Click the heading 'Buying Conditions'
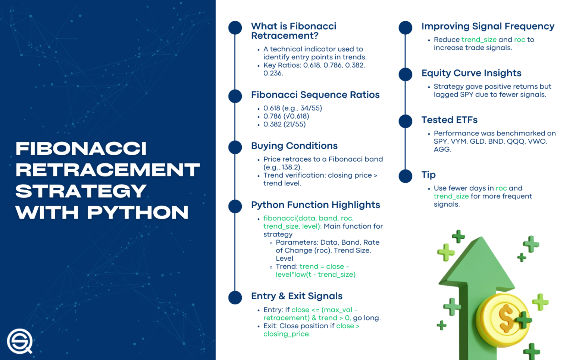[294, 146]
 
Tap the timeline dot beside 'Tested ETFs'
[405, 121]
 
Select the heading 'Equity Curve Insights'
[471, 73]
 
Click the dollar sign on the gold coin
[506, 317]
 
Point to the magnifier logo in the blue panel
[20, 341]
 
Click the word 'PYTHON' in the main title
[138, 213]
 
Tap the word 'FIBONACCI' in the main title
[81, 148]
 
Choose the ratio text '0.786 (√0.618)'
[286, 116]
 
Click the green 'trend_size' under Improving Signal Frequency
[479, 40]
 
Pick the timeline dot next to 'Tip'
[405, 176]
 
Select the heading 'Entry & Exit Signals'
[297, 296]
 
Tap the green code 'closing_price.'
[286, 334]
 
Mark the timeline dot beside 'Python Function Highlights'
[235, 206]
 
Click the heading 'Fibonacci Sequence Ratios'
[315, 95]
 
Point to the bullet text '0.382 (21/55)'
[284, 124]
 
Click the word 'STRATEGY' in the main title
[81, 191]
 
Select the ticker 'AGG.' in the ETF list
[442, 150]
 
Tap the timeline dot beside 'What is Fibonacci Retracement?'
[235, 28]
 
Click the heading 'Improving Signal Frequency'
[488, 26]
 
